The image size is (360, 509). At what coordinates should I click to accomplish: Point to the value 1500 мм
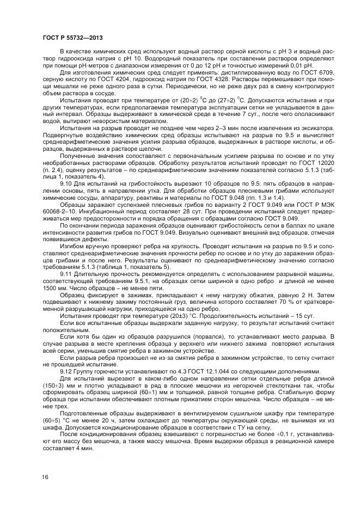pos(54,288)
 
